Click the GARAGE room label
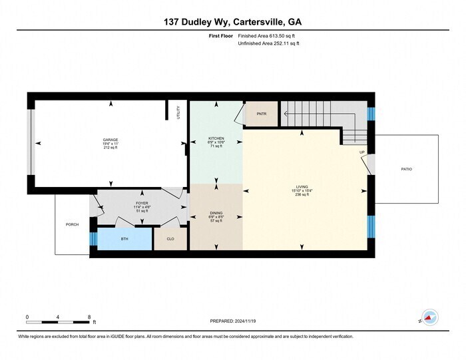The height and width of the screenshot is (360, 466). (x=110, y=140)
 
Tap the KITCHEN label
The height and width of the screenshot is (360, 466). (x=216, y=138)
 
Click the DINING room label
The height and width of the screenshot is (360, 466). (x=216, y=213)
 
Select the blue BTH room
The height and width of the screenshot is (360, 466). (x=124, y=238)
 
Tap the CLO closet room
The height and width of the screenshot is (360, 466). (x=170, y=238)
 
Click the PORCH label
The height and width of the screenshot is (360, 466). (x=72, y=225)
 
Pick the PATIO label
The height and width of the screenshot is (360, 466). (x=406, y=169)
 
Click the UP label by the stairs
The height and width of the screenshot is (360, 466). (x=362, y=152)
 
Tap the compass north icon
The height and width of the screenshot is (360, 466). (x=430, y=318)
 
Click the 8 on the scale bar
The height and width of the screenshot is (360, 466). (x=89, y=316)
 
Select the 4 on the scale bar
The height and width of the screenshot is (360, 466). (x=58, y=316)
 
